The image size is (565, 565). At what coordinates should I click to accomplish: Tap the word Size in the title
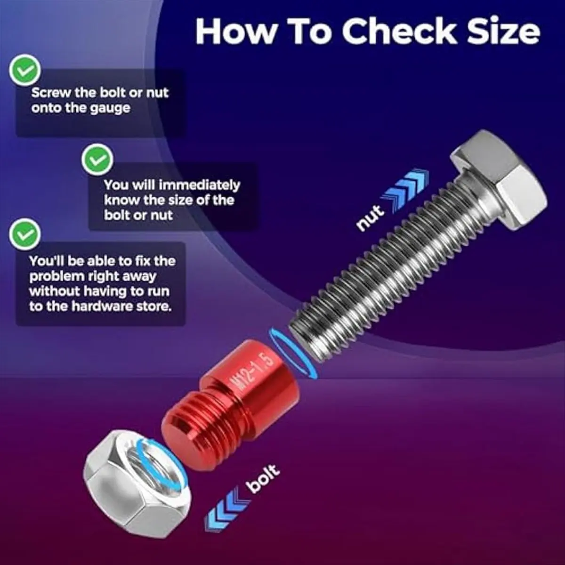[503, 32]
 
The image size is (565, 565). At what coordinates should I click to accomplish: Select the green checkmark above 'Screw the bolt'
[24, 70]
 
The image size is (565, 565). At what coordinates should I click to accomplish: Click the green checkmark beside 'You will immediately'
[97, 160]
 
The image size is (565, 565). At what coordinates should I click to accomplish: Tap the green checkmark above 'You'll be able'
[24, 234]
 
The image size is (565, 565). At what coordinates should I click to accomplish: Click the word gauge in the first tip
[110, 108]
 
